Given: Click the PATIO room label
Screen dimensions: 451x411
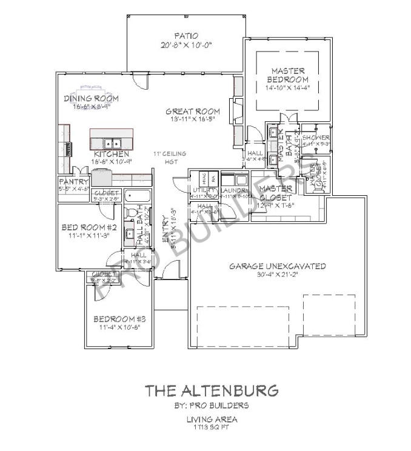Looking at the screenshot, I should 186,36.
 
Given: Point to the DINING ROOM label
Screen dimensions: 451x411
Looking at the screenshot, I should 92,98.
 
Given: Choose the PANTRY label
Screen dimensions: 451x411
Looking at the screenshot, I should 73,181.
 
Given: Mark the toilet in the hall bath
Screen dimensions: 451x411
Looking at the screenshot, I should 130,214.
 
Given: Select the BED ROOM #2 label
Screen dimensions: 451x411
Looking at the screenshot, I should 89,227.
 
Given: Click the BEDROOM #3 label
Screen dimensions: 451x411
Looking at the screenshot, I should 117,319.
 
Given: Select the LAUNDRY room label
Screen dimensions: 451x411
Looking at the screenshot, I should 234,190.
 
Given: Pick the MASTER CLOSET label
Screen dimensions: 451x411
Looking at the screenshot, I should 275,193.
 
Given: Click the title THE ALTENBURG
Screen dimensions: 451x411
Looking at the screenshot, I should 211,390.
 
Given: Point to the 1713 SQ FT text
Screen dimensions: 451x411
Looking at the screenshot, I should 211,427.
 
